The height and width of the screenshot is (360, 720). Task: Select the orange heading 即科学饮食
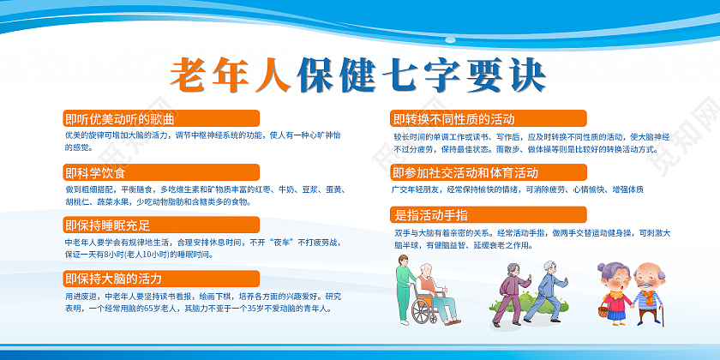[95, 172]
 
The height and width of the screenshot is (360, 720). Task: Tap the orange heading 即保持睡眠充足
[107, 225]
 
